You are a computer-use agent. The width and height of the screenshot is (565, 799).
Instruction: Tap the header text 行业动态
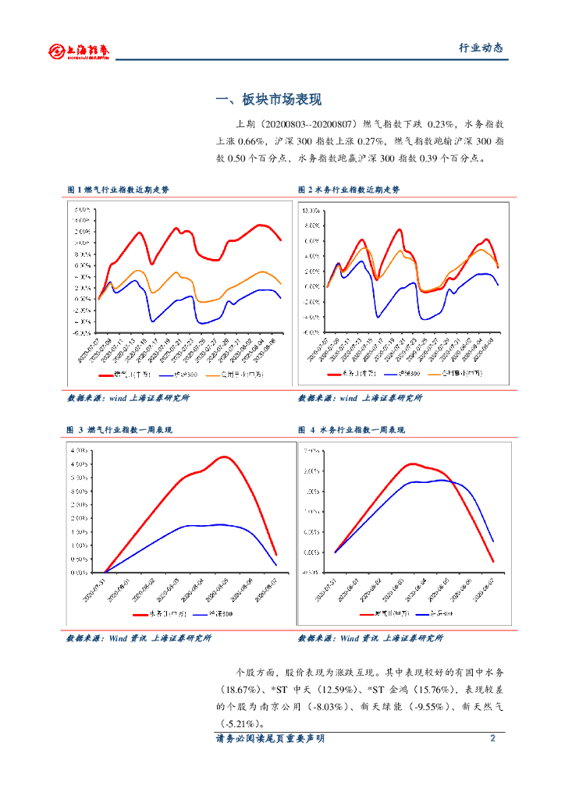(480, 48)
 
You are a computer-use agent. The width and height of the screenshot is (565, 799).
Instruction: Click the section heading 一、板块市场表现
(268, 100)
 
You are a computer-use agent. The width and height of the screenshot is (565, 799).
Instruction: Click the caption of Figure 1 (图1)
(118, 190)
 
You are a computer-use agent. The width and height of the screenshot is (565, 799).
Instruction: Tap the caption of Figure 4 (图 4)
(352, 430)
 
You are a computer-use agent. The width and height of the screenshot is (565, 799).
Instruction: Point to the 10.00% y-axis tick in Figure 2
(311, 211)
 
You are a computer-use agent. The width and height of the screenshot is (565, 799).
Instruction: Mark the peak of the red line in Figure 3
(225, 456)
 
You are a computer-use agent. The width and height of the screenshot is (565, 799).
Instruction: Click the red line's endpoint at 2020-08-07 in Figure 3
(276, 554)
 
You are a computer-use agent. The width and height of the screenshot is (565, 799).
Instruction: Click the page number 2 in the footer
(492, 739)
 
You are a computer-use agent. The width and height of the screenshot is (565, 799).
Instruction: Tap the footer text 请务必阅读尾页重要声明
(270, 739)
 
